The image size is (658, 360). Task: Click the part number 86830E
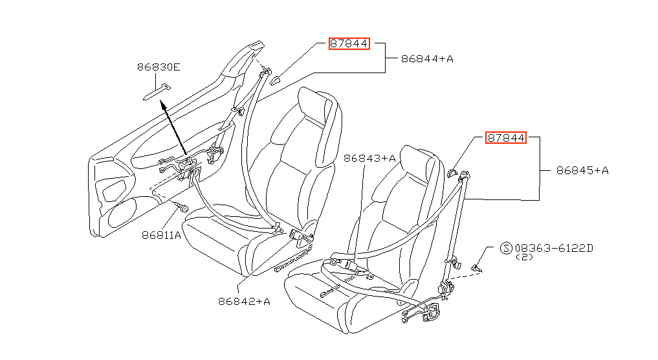[x=159, y=67]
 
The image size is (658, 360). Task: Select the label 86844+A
[x=427, y=59]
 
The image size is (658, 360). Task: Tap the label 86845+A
[x=582, y=170]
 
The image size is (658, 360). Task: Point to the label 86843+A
[x=369, y=159]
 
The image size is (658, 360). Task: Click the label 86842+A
[x=244, y=302]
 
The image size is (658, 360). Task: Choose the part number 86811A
[x=161, y=235]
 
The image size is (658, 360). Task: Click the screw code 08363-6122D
[x=554, y=248]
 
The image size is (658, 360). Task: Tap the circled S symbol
[x=507, y=248]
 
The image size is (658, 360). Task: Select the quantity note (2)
[x=524, y=257]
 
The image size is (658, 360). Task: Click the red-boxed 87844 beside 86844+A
[x=349, y=43]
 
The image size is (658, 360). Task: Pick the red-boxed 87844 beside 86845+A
[x=506, y=137]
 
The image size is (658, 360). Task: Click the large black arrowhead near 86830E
[x=163, y=104]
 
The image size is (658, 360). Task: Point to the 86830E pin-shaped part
[x=157, y=93]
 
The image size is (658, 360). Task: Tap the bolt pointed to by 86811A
[x=182, y=207]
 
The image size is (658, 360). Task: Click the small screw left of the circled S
[x=477, y=267]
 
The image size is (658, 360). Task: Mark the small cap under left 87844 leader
[x=275, y=80]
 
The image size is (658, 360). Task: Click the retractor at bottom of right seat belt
[x=446, y=289]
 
